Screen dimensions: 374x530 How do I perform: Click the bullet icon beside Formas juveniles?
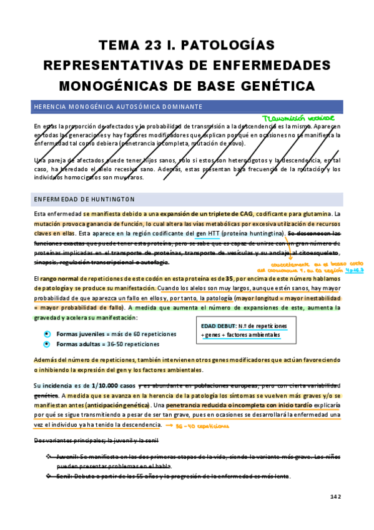46,334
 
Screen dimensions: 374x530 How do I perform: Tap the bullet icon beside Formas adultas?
46,344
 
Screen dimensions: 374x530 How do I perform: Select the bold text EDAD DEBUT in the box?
219,326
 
